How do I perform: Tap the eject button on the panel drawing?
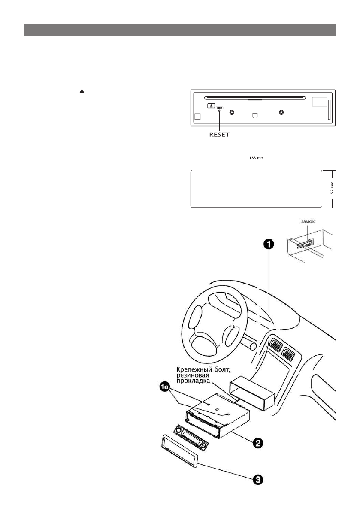coord(211,106)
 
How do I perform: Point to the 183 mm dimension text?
coord(256,158)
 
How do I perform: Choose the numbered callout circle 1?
coord(268,244)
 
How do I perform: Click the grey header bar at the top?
coord(179,30)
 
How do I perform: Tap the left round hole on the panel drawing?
coord(232,112)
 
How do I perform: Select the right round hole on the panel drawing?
coord(281,112)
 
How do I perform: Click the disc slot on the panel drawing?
coord(255,97)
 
